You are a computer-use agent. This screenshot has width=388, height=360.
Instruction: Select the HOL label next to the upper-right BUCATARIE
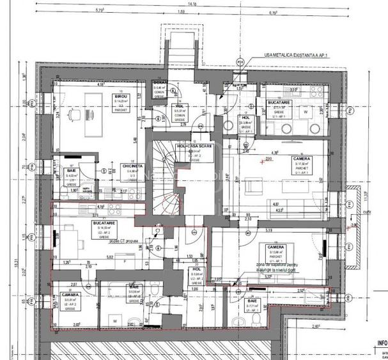pos(245,118)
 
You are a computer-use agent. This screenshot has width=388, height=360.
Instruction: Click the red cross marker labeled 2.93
pos(261,160)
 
